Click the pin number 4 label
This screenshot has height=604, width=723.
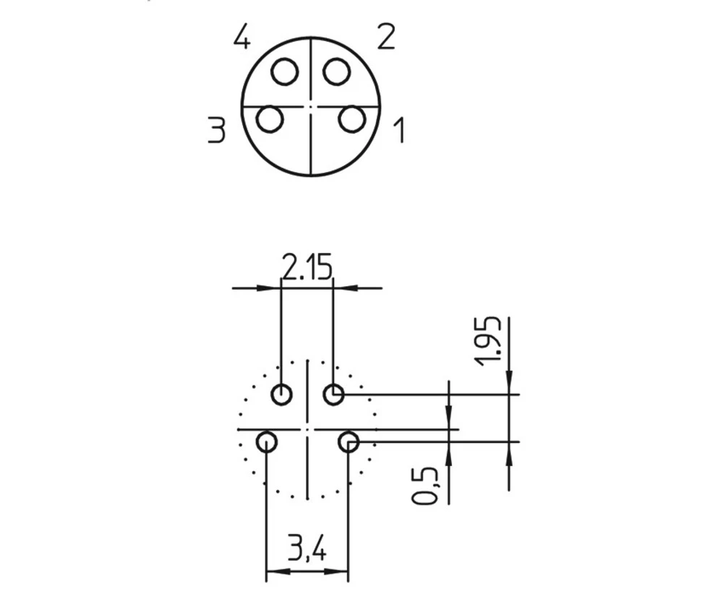[x=242, y=38]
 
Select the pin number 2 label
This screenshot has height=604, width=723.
[x=386, y=37]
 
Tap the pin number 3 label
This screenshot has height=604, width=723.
[x=216, y=131]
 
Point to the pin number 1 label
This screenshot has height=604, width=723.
[x=398, y=131]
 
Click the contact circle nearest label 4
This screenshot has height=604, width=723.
[x=285, y=72]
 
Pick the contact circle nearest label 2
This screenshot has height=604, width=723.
[x=336, y=72]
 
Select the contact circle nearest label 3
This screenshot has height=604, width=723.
[x=270, y=119]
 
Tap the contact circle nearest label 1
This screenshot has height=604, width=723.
[x=352, y=119]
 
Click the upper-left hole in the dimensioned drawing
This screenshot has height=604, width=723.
[x=281, y=395]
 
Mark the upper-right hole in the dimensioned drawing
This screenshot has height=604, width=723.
[x=333, y=395]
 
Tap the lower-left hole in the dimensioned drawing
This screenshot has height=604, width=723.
[x=267, y=441]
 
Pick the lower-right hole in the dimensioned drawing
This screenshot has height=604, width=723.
[x=349, y=441]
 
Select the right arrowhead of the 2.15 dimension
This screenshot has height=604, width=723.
[x=342, y=288]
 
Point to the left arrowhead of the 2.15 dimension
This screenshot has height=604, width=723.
[x=273, y=288]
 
